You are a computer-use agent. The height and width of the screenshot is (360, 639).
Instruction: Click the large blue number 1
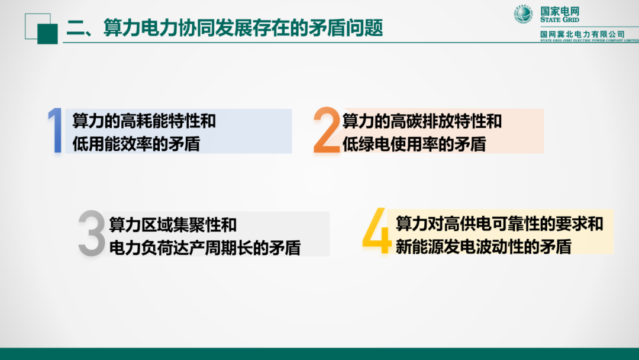[x=56, y=131]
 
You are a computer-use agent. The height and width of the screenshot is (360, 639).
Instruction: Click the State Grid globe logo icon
[x=523, y=14]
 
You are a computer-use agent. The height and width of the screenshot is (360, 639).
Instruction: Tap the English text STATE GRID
[x=559, y=20]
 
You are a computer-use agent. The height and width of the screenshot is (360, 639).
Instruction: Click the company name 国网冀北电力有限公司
[x=582, y=34]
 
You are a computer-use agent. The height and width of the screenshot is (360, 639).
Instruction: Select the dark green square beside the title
[x=47, y=34]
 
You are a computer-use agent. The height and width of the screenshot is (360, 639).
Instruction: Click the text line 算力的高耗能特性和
[x=144, y=121]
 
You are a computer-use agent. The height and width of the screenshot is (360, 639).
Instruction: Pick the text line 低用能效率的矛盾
[x=136, y=143]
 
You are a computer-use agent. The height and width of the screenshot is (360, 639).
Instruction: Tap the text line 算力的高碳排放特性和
[x=422, y=121]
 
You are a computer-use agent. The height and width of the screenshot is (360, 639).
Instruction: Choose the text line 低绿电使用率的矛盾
[x=414, y=144]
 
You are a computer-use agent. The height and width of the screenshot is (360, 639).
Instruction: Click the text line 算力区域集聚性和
[x=173, y=225]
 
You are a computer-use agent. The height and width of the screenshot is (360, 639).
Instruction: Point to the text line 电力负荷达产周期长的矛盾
[x=205, y=247]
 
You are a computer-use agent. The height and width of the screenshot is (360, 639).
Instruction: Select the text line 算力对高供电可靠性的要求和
[x=499, y=223]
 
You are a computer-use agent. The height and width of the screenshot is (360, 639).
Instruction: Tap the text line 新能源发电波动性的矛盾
[x=483, y=246]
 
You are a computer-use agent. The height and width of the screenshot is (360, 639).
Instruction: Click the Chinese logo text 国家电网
[x=560, y=10]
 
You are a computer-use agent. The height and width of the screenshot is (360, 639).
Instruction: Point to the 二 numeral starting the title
[x=75, y=28]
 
